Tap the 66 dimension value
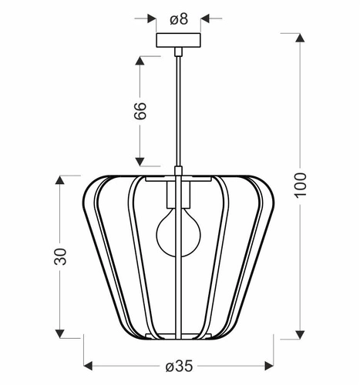pyautogui.click(x=140, y=112)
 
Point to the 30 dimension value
pyautogui.click(x=61, y=256)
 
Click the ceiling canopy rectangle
pyautogui.click(x=178, y=41)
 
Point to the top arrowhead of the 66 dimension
pyautogui.click(x=140, y=59)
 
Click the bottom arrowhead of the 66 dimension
pyautogui.click(x=140, y=162)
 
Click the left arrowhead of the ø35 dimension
pyautogui.click(x=87, y=364)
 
